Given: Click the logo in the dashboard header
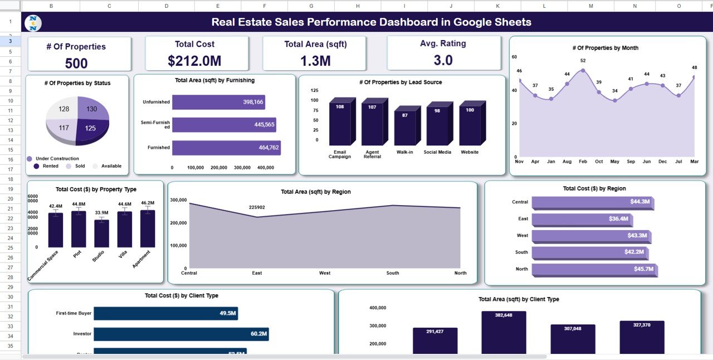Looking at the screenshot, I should coord(34,23).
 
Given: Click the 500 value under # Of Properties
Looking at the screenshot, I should coord(76,63).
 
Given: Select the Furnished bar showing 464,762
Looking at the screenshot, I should coord(226,148).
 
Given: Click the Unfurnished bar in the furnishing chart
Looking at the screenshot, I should coord(218,102).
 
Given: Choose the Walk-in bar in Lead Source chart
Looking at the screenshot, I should coord(406,128).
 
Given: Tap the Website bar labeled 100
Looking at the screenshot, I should coord(470,125).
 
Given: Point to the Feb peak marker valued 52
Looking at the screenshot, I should coord(583,70).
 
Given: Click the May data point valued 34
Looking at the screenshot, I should coord(614,100).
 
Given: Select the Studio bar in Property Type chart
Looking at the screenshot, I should coord(101,233).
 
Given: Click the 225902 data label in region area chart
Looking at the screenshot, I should coord(257,207).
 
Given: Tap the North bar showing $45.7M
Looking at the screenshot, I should coord(593,269).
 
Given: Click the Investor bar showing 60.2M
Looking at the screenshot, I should coord(180,334).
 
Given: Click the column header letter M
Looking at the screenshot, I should coord(590,6).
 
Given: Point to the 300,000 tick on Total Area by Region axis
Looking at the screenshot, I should coord(178,200).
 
